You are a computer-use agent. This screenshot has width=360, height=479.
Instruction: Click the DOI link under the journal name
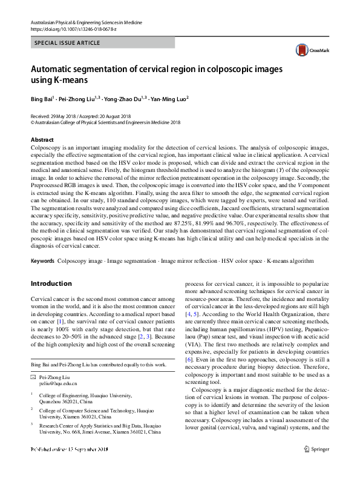pyautogui.click(x=73, y=29)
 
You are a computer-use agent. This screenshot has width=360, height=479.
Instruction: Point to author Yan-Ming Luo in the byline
pyautogui.click(x=169, y=99)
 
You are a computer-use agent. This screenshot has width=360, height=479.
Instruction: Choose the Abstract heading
pyautogui.click(x=42, y=139)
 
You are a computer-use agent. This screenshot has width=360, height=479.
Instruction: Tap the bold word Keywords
pyautogui.click(x=42, y=261)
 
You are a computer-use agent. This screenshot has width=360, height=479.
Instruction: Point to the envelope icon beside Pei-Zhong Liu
pyautogui.click(x=33, y=377)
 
